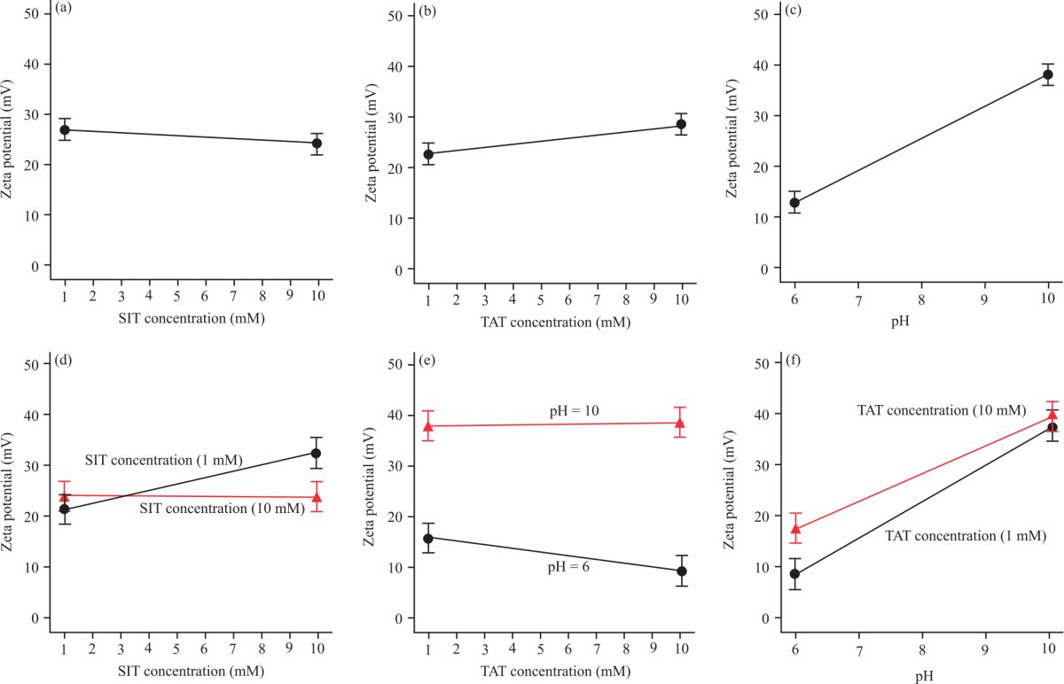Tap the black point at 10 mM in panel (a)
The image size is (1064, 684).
(x=317, y=143)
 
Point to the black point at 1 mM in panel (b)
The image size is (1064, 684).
(x=428, y=154)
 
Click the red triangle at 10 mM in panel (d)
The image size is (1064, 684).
(x=317, y=497)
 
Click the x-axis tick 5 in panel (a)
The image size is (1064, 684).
(x=176, y=293)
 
